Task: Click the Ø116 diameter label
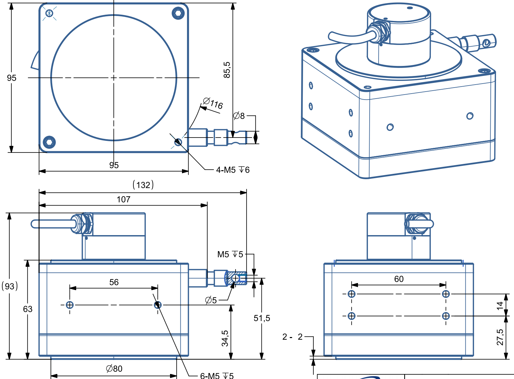[213, 103]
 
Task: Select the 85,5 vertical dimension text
[227, 70]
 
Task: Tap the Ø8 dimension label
[239, 116]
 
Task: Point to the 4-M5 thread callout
[233, 170]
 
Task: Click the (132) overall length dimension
[143, 185]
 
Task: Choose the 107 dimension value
[123, 199]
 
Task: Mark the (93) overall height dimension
[10, 286]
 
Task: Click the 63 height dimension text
[28, 309]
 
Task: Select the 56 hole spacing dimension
[114, 282]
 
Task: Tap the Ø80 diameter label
[114, 369]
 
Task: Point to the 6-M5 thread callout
[217, 376]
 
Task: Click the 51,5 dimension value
[262, 318]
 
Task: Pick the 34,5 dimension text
[225, 338]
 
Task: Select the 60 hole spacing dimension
[399, 279]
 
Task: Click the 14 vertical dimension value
[500, 305]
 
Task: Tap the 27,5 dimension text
[500, 337]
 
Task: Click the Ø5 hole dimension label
[211, 300]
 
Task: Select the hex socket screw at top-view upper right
[178, 13]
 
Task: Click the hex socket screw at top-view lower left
[50, 142]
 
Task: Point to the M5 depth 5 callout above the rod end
[230, 254]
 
